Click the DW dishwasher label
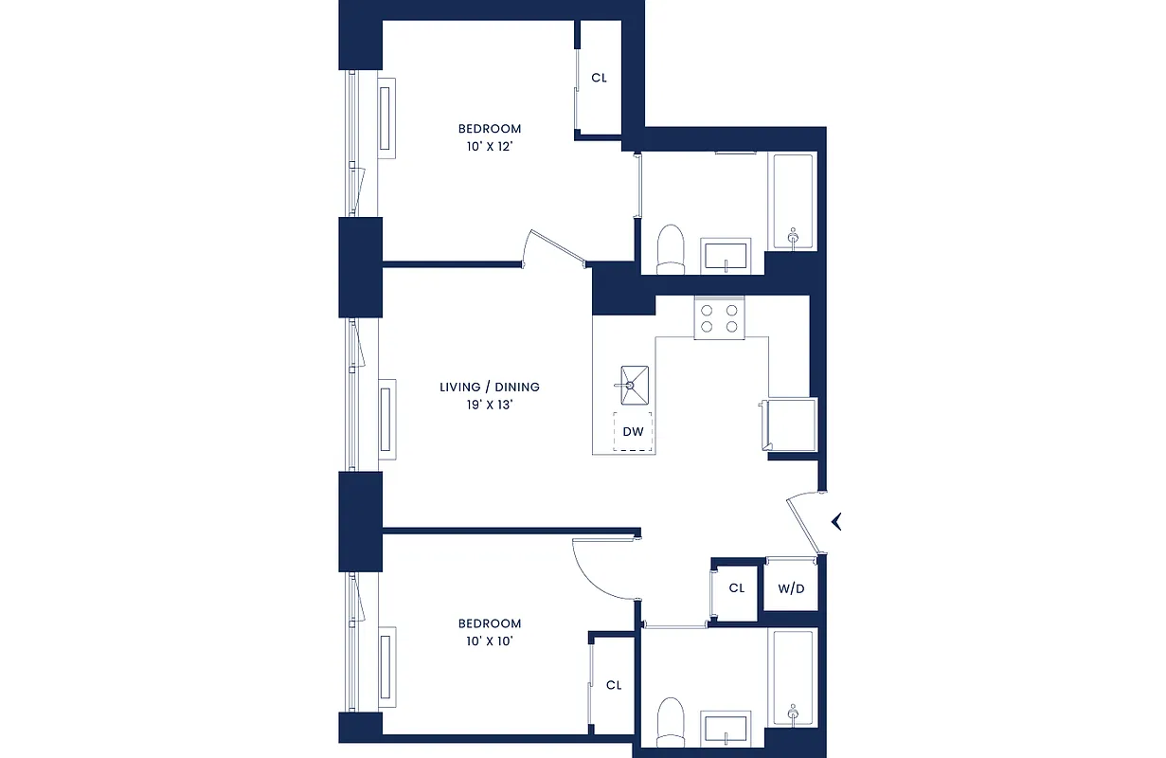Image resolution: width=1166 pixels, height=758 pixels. [x=633, y=432]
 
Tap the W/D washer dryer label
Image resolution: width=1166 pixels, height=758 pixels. [x=791, y=589]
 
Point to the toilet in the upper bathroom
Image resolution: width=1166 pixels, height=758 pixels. [x=671, y=249]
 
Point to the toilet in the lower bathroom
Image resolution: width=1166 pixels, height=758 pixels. [x=671, y=722]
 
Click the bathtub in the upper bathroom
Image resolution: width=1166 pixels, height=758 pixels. [x=793, y=202]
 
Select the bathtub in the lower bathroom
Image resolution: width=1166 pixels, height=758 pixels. [x=793, y=677]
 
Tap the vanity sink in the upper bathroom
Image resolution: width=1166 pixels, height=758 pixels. [x=725, y=255]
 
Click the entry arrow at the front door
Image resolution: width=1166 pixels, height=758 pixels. [x=836, y=521]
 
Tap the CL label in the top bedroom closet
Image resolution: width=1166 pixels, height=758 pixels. [x=599, y=78]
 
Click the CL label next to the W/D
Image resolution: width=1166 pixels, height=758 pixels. [x=737, y=588]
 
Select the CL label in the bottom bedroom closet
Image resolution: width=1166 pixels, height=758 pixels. [x=614, y=685]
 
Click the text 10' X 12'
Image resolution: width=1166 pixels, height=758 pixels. [x=490, y=146]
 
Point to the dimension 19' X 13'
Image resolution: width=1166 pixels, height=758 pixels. [x=490, y=405]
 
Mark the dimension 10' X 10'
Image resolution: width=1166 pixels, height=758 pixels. [x=490, y=641]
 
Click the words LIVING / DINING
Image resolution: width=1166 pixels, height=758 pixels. [x=490, y=387]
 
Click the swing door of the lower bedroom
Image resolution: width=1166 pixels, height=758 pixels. [x=606, y=568]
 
